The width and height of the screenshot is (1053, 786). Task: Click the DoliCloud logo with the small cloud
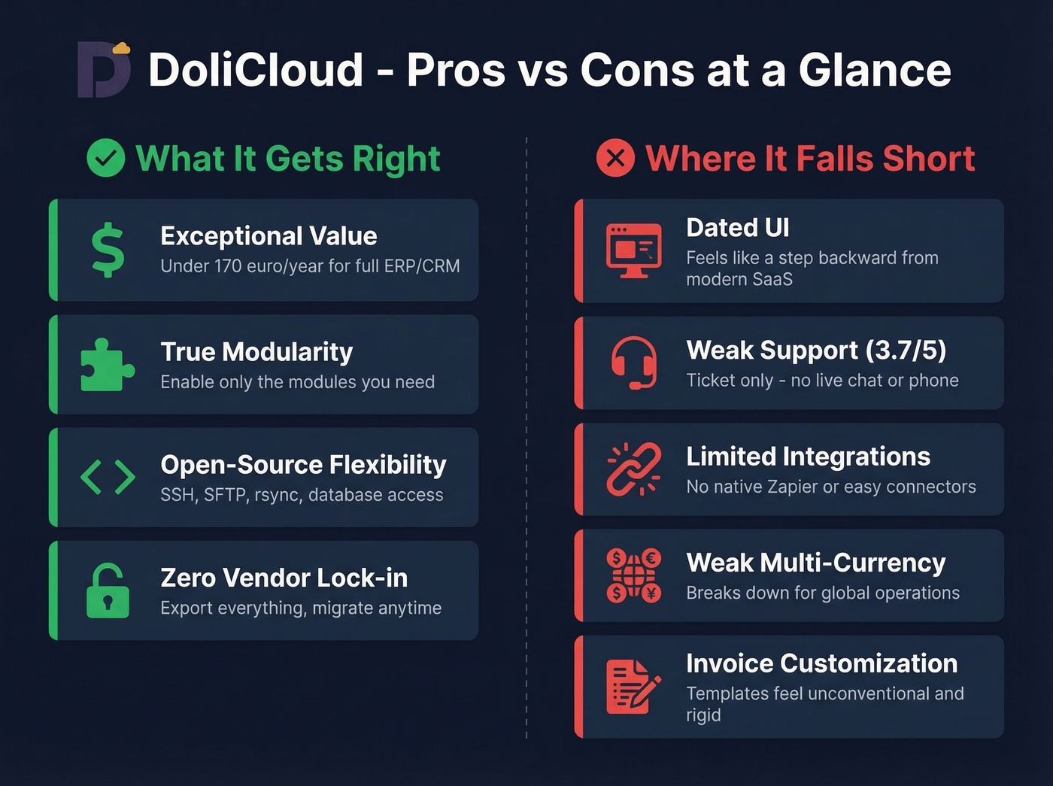(x=104, y=69)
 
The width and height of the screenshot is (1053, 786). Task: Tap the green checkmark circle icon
(x=106, y=158)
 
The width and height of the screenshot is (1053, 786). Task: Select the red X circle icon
(x=615, y=158)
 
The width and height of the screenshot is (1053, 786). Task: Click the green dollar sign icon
(x=108, y=250)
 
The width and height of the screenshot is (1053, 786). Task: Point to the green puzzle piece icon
(x=107, y=365)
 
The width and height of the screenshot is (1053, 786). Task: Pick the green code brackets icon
(x=108, y=477)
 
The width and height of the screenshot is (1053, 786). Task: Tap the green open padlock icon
(x=108, y=590)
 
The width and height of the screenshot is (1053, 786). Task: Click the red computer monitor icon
(x=634, y=250)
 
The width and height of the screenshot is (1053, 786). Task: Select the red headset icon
(x=633, y=363)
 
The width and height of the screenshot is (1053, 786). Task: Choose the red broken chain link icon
(x=633, y=469)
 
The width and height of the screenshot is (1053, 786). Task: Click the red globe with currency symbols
(x=633, y=575)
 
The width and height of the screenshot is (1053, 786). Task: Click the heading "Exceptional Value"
(x=269, y=236)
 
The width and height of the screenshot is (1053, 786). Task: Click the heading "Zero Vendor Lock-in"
(x=284, y=578)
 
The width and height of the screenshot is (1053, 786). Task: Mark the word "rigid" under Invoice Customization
(x=703, y=715)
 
